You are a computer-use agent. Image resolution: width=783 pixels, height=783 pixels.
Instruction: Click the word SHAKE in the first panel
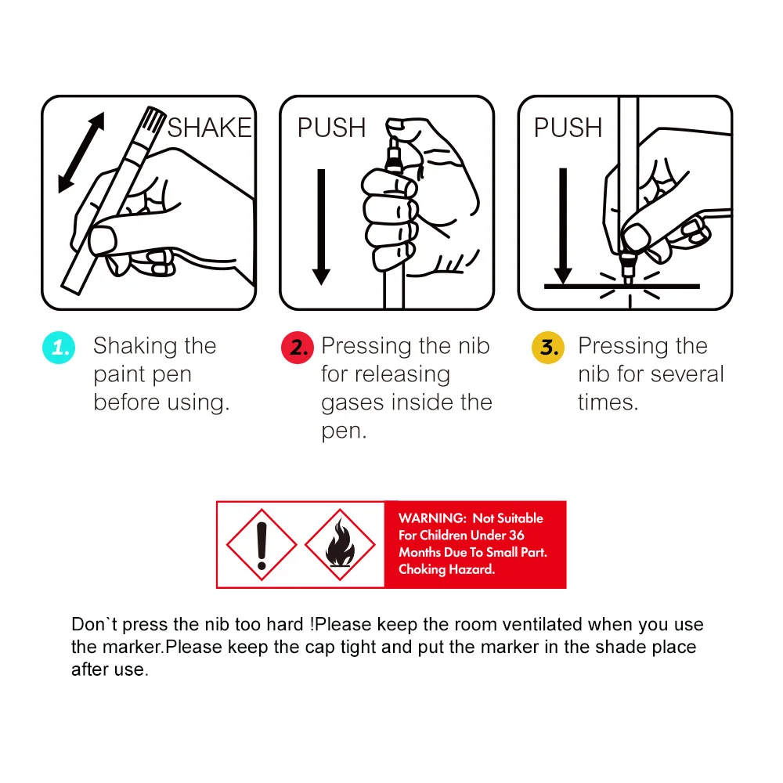210,128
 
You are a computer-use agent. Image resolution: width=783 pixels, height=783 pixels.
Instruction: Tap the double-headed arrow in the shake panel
81,153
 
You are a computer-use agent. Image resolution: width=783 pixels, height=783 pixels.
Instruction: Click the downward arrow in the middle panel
321,227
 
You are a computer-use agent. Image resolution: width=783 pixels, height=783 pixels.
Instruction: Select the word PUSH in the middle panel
331,128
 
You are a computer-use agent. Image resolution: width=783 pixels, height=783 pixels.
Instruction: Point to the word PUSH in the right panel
568,128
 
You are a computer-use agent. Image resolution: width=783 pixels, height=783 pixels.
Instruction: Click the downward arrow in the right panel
563,226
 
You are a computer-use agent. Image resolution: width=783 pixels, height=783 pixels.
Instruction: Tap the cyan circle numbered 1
59,347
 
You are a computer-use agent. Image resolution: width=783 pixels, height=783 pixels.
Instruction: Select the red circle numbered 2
298,347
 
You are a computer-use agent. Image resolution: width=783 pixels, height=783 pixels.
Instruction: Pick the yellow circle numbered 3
548,347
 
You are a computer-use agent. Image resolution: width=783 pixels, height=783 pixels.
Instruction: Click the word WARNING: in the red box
432,518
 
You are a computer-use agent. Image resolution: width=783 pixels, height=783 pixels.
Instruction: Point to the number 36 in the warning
516,536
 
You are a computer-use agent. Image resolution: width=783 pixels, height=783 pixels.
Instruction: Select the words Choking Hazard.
447,569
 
